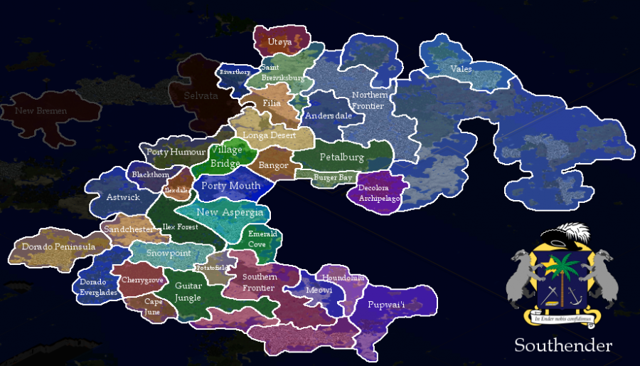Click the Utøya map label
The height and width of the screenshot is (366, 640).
point(279,43)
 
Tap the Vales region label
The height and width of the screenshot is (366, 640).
point(461,69)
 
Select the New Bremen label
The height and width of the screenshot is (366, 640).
point(41,111)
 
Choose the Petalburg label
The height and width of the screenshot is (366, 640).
point(341,157)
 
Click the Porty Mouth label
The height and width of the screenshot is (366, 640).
point(230,186)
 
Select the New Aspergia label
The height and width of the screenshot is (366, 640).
point(230,212)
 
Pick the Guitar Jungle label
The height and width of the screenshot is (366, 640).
point(188,291)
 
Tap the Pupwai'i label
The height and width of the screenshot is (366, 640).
point(386,305)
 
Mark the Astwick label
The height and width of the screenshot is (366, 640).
point(124,197)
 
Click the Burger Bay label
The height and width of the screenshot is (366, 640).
point(333,177)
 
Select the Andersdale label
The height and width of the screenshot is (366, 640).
point(328,115)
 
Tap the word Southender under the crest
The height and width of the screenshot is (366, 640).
point(563,346)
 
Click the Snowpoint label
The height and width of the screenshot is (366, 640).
point(169,253)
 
